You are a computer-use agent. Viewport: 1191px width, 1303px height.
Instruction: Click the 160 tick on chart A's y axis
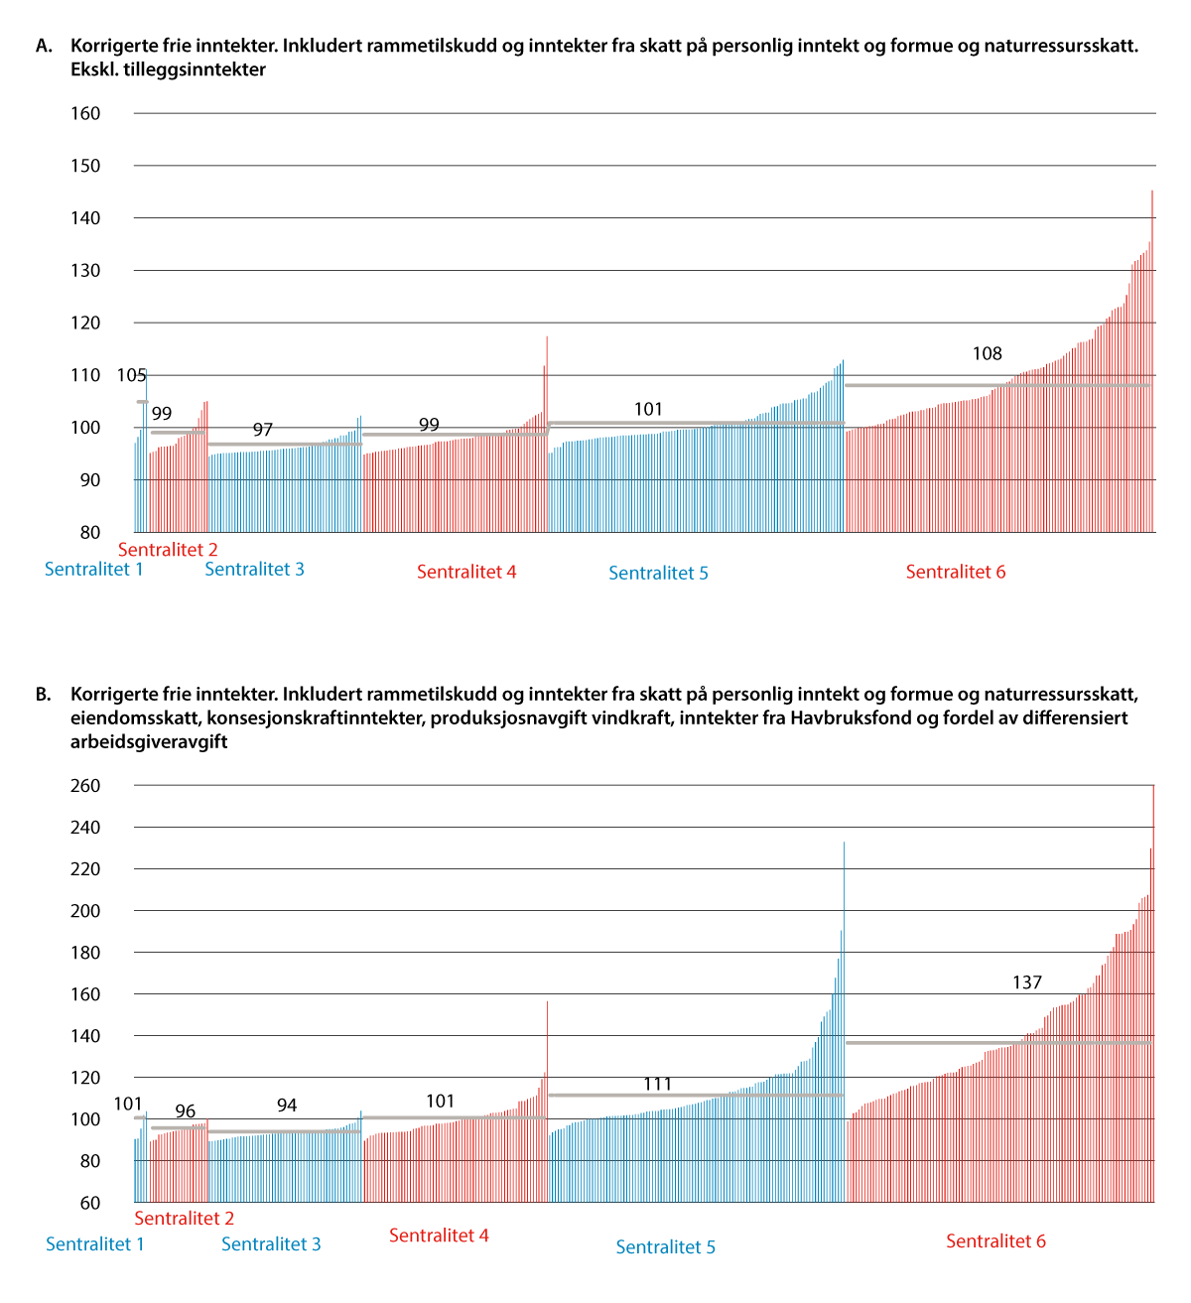coord(85,113)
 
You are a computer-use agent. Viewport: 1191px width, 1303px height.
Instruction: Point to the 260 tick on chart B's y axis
coord(85,786)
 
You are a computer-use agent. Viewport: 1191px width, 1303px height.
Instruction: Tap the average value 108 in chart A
coord(987,353)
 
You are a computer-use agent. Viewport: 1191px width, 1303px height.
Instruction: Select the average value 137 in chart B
coord(1027,982)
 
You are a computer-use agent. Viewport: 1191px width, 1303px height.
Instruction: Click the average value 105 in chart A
coord(131,375)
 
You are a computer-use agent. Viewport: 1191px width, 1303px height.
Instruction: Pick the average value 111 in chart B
coord(657,1084)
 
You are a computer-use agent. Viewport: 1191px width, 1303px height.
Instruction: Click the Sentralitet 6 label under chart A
coord(955,572)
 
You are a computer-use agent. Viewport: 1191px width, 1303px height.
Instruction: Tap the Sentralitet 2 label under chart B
coord(184,1219)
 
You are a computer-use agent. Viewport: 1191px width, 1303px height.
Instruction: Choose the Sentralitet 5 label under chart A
coord(658,573)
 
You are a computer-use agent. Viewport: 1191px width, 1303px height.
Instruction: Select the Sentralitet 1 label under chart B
coord(95,1244)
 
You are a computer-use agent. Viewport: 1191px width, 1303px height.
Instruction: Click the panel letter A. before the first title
coord(43,46)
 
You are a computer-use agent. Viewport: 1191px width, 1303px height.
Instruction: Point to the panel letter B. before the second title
coord(43,694)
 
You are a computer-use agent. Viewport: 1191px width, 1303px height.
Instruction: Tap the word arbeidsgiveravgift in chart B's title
coord(149,741)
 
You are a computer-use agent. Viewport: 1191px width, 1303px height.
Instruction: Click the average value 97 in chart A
coord(262,430)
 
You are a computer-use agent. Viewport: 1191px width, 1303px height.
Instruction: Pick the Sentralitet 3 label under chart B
coord(271,1244)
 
